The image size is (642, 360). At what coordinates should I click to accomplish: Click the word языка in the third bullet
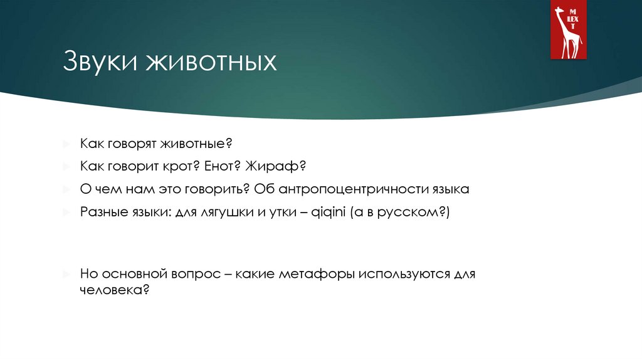click(451, 189)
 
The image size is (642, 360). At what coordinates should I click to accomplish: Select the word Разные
click(102, 212)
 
